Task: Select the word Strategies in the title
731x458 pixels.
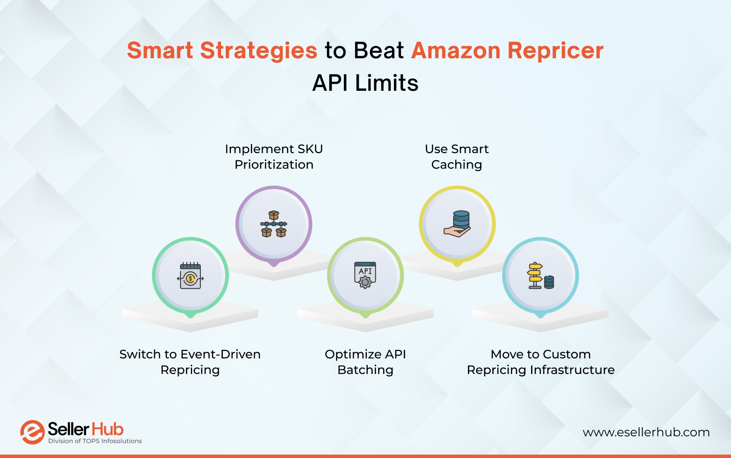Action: pos(259,51)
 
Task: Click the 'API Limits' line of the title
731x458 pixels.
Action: pos(365,83)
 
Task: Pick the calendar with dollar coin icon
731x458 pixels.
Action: pos(190,276)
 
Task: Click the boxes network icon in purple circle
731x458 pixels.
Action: pos(274,224)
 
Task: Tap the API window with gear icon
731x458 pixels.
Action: pos(365,275)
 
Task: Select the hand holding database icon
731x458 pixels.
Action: pos(458,224)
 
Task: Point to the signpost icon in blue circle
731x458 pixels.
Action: pos(540,276)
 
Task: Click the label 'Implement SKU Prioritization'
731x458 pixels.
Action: pos(274,157)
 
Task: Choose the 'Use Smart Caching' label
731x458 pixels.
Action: pos(457,157)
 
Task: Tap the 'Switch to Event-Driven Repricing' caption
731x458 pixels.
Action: pos(190,362)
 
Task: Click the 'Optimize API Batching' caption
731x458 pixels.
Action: pos(365,362)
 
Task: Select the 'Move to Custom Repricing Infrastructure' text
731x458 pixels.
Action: pos(541,362)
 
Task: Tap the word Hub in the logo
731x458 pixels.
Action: pos(107,429)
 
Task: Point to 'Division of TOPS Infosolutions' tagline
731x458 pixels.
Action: pos(95,441)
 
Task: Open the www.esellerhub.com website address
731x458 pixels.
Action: pos(646,432)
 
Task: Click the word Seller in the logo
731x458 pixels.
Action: pos(68,429)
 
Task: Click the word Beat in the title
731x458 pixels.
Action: pos(379,51)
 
